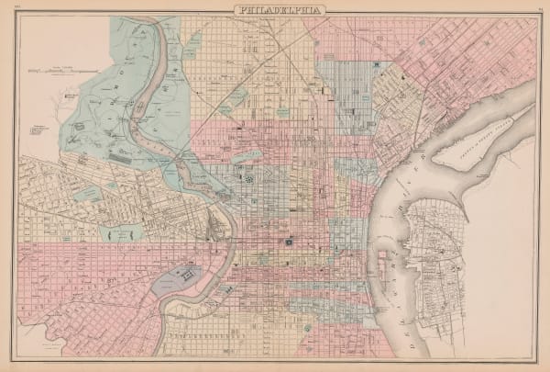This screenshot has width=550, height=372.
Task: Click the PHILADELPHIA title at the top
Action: click(x=275, y=10)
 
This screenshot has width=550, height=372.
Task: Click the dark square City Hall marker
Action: click(x=288, y=243)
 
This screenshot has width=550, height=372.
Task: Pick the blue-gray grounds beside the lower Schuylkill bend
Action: click(x=180, y=279)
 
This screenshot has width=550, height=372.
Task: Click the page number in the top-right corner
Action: click(x=532, y=9)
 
